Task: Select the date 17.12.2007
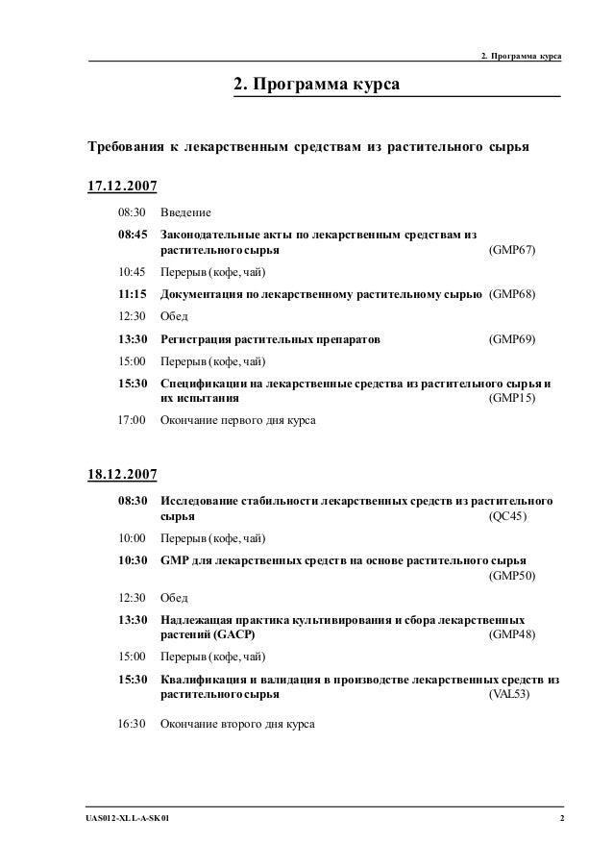(122, 185)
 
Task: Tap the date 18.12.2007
(122, 474)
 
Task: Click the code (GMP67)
(513, 251)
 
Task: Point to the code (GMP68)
(513, 294)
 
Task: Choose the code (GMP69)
(513, 339)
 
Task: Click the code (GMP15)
(513, 398)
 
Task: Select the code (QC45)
(508, 517)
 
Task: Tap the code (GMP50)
(513, 576)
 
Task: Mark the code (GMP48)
(513, 635)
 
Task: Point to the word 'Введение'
(185, 211)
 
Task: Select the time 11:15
(133, 294)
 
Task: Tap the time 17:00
(132, 420)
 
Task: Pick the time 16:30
(132, 723)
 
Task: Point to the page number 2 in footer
(561, 818)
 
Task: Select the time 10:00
(132, 537)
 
